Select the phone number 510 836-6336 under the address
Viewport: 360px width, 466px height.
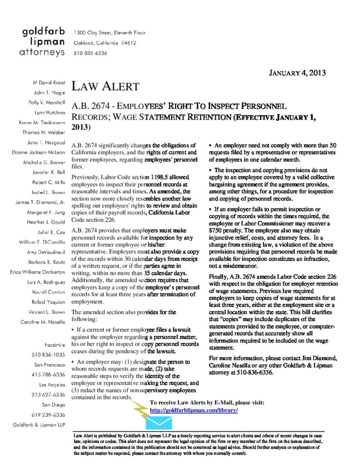90,53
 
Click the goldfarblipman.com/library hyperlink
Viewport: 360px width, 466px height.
194,410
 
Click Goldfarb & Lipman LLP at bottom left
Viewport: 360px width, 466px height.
39,424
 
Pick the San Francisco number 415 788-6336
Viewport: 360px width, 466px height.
49,375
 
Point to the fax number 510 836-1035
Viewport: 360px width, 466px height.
49,355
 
